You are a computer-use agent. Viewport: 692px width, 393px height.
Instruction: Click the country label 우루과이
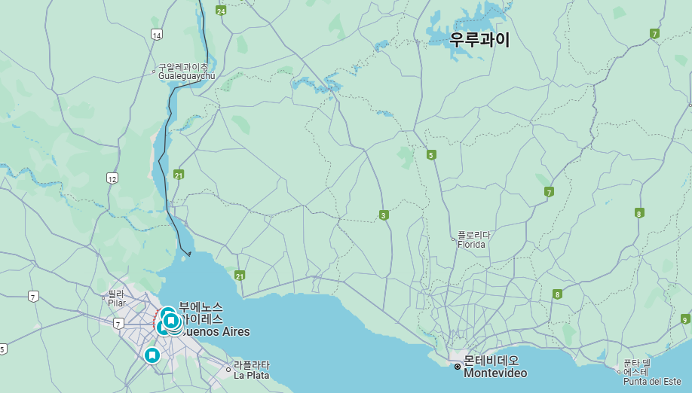(479, 40)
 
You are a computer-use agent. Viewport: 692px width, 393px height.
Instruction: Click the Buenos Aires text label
(216, 331)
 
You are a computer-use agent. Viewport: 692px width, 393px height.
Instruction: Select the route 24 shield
(221, 11)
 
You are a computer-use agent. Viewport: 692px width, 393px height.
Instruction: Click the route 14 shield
(156, 35)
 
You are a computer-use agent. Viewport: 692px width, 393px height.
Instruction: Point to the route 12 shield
(112, 178)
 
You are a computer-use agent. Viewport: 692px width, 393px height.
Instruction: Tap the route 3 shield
(384, 215)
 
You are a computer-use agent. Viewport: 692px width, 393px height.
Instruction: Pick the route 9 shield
(684, 319)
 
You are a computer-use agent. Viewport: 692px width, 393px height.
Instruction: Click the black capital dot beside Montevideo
(458, 367)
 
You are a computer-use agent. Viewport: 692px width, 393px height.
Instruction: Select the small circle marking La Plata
(228, 369)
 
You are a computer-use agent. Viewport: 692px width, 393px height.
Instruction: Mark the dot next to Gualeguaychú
(154, 72)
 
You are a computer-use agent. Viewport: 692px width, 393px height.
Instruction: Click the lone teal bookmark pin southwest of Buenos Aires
(152, 355)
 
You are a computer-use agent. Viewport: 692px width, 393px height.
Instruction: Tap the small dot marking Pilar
(104, 298)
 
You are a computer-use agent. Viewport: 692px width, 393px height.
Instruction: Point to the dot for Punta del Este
(619, 371)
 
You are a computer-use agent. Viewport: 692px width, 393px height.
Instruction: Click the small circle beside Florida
(452, 239)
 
